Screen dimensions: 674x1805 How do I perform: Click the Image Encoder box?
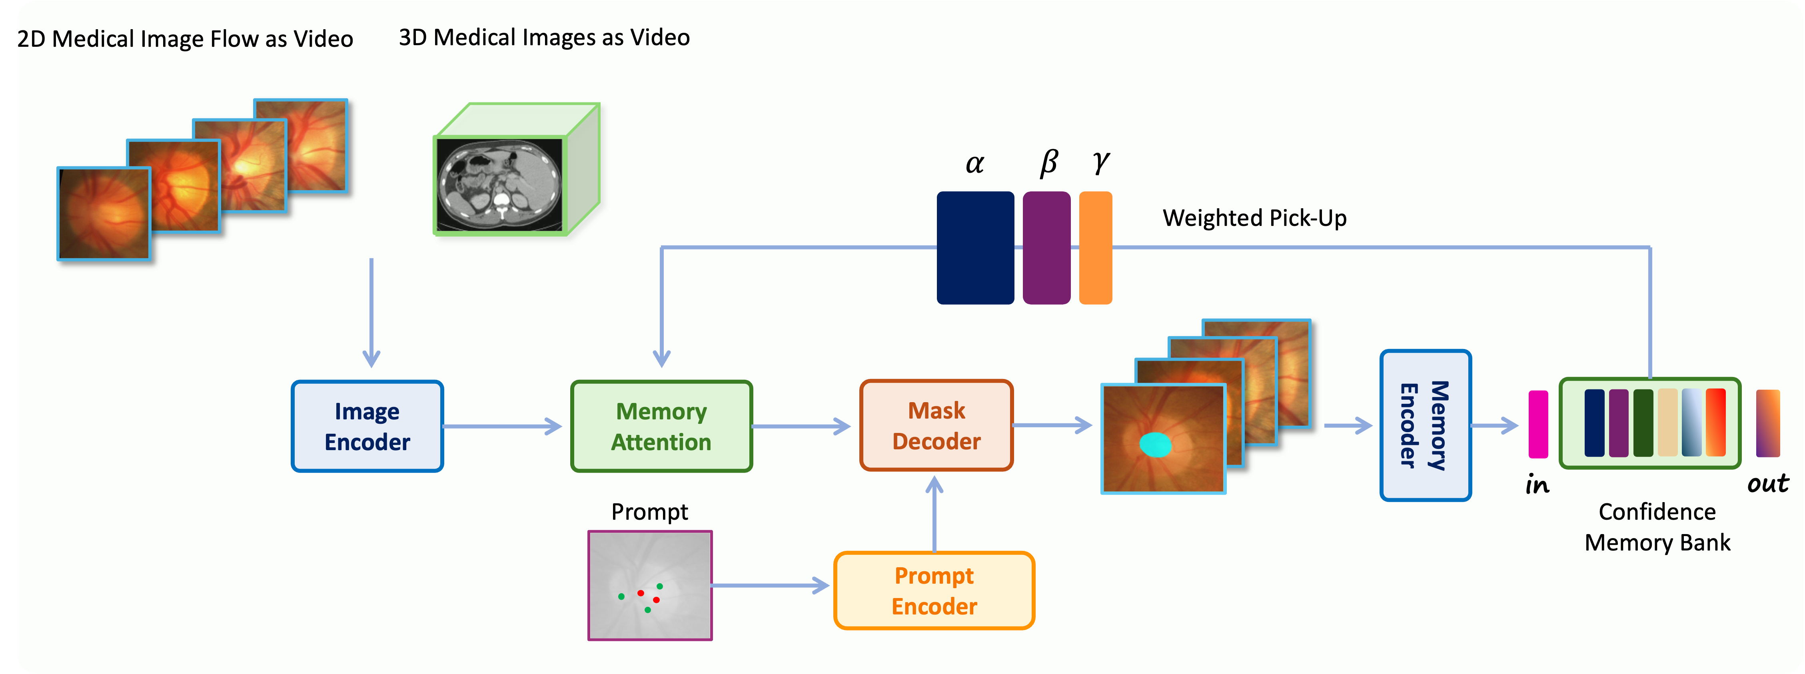click(367, 426)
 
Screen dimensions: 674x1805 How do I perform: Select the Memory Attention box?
click(661, 426)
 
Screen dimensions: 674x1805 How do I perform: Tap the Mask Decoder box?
click(936, 425)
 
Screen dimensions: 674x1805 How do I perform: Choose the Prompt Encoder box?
click(934, 590)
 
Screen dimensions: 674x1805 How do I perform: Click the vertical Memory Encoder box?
click(1425, 425)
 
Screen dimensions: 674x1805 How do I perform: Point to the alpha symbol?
click(974, 163)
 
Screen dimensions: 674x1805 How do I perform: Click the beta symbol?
click(1048, 163)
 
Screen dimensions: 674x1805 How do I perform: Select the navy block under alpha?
click(974, 247)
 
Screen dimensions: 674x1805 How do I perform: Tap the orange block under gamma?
click(1095, 247)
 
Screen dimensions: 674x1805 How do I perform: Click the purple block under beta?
click(1046, 247)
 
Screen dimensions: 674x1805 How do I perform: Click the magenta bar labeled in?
click(1538, 424)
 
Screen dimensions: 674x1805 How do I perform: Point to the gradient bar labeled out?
click(1768, 423)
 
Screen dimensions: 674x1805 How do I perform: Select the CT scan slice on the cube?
click(499, 184)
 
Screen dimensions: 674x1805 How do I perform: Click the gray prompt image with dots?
click(649, 585)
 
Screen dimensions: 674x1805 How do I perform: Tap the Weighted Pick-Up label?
click(1254, 218)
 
